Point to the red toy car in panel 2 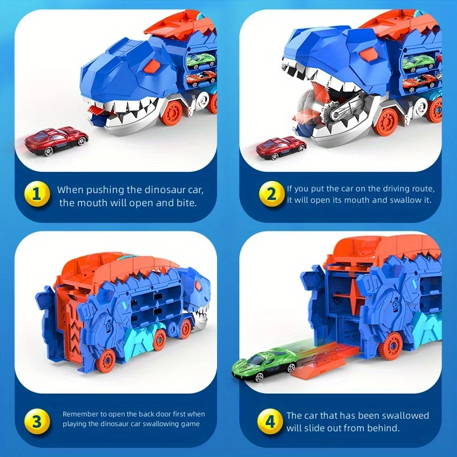click(x=281, y=147)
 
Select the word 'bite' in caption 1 click(x=185, y=202)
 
